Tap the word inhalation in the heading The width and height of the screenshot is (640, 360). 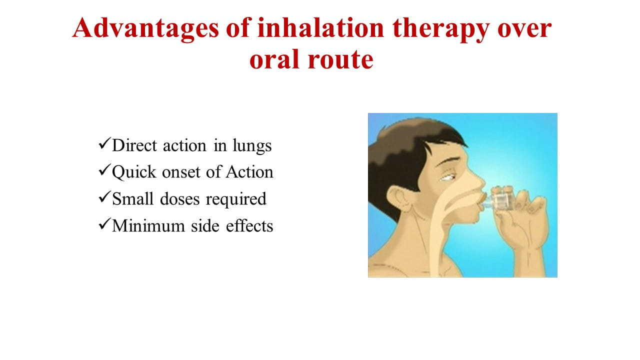coord(320,27)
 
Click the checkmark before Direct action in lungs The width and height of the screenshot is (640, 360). coord(104,143)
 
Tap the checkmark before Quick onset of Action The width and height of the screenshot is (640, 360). coord(104,170)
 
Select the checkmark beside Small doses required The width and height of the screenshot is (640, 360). coord(104,197)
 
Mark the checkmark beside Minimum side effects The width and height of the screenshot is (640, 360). coord(104,223)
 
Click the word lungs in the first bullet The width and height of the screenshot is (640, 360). coord(252,146)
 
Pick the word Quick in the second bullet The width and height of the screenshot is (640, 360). coord(134,172)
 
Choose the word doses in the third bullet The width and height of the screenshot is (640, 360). coord(179,199)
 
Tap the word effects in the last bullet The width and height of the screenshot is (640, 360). coord(249,225)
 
